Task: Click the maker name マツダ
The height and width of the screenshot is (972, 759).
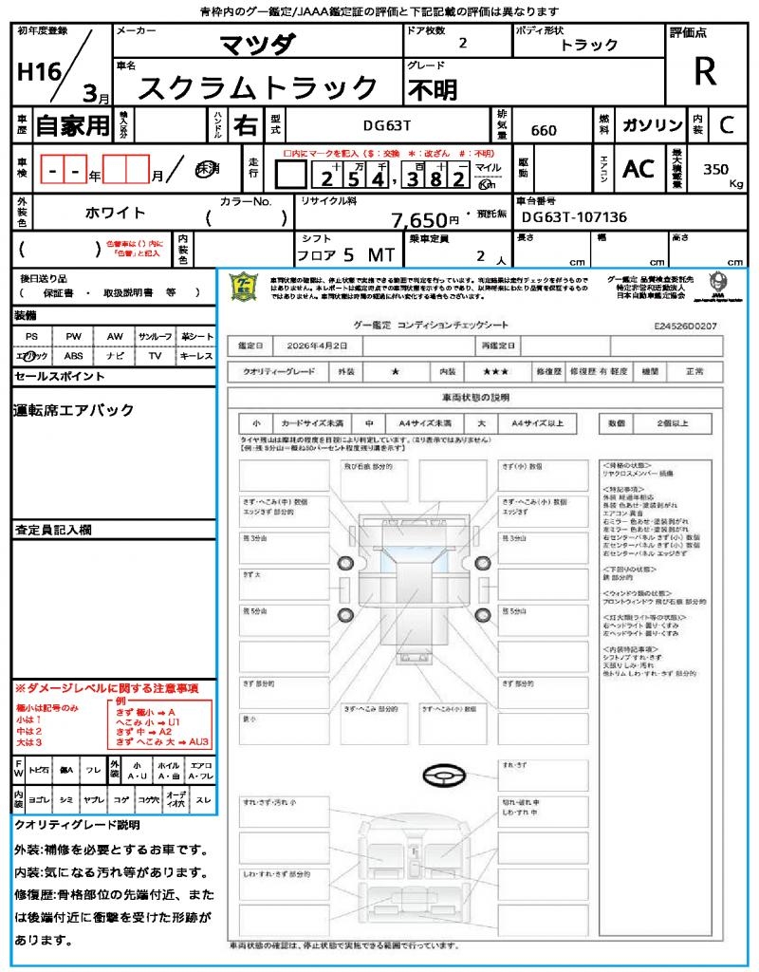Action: (x=258, y=44)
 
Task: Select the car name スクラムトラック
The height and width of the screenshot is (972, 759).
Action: (x=259, y=87)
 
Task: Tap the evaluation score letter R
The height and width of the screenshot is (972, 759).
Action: (x=705, y=72)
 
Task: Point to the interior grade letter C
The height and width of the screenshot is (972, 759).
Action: (x=727, y=125)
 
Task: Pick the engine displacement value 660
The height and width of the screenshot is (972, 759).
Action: (x=544, y=130)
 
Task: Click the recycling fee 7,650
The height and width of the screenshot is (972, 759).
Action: (x=418, y=220)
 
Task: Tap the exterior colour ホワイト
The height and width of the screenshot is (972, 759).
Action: (x=115, y=213)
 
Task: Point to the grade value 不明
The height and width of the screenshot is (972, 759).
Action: (x=432, y=89)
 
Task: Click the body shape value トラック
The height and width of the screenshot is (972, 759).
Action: (x=589, y=45)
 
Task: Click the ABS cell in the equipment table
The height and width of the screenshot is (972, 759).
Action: (x=74, y=356)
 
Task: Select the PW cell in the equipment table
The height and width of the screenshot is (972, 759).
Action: (x=74, y=336)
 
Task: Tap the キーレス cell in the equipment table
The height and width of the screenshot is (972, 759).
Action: (x=196, y=356)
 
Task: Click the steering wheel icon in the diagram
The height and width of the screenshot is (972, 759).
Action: (x=443, y=776)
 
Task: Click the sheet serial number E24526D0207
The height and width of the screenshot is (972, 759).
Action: (x=685, y=326)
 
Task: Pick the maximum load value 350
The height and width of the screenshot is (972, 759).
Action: (x=715, y=169)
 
